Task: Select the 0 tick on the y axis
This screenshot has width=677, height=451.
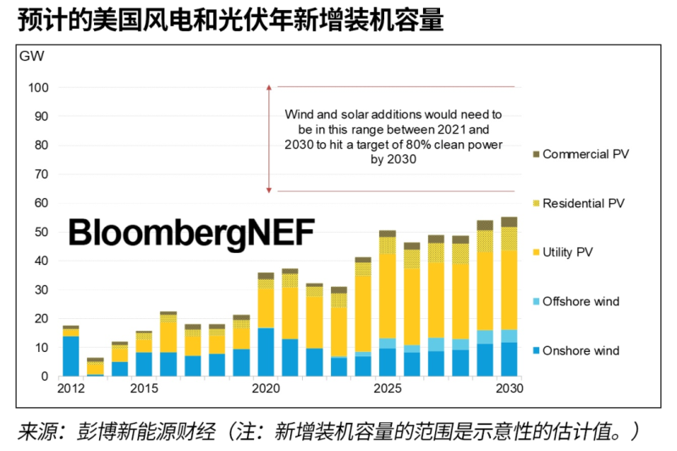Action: [x=45, y=376]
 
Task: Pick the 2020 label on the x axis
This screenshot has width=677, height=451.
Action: [x=266, y=388]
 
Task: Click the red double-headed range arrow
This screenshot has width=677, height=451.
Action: [x=268, y=140]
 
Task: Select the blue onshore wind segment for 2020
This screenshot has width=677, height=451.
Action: [x=266, y=352]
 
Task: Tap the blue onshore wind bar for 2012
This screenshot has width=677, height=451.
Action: [x=71, y=356]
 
